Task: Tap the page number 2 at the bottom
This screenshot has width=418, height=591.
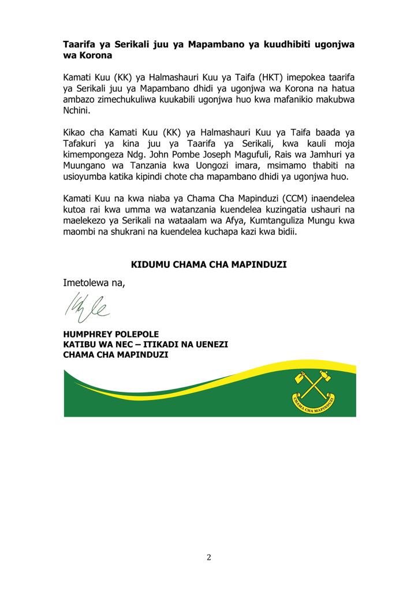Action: [x=209, y=557]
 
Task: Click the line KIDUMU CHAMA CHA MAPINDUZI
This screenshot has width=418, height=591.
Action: [x=209, y=265]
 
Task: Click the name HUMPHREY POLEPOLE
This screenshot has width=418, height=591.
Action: [x=111, y=334]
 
